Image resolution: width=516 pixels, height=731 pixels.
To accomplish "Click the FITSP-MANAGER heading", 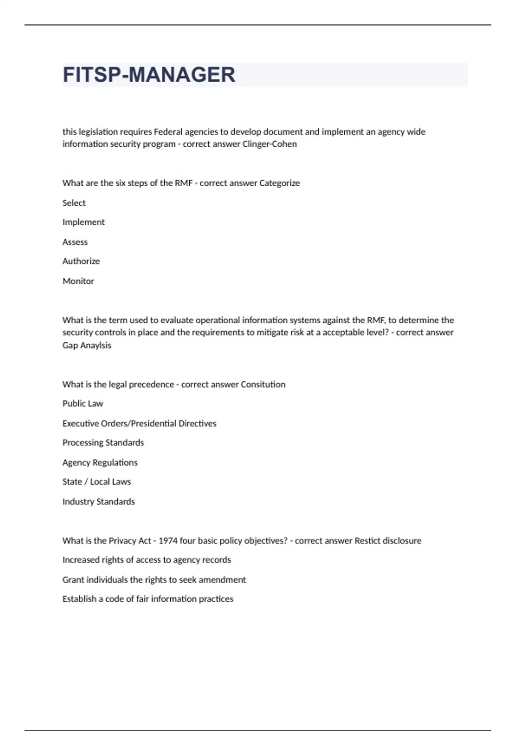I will pos(149,75).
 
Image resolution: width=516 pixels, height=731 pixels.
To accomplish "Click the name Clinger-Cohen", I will pos(270,144).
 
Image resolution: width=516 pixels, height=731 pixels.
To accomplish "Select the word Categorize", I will pos(279,183).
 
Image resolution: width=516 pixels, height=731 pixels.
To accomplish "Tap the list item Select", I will pos(74,203).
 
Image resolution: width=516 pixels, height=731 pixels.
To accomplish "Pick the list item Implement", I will pos(83,222).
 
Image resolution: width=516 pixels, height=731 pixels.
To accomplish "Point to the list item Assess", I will pos(75,242).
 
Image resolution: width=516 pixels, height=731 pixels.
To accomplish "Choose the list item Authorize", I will pos(81,261).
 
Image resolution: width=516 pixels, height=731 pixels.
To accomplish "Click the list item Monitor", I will pos(78,281).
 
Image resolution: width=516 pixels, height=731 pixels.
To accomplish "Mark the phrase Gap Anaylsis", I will pos(86,345).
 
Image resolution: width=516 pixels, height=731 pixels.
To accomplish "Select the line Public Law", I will pos(83,404).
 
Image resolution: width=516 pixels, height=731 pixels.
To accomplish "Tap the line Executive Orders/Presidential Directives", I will pos(139,424).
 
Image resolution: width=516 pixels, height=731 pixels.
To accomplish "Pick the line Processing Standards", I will pos(103,443).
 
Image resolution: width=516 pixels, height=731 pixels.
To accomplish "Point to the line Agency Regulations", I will pos(100,463).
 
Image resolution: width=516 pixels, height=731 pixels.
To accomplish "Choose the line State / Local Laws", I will pos(96,482).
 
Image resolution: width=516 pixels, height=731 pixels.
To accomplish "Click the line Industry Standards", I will pos(98,502).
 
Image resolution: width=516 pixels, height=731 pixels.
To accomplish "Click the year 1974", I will pos(168,541).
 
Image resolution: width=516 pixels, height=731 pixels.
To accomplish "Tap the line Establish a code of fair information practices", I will pos(147,599).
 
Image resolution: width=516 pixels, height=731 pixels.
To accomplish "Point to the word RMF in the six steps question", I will pos(184,183).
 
